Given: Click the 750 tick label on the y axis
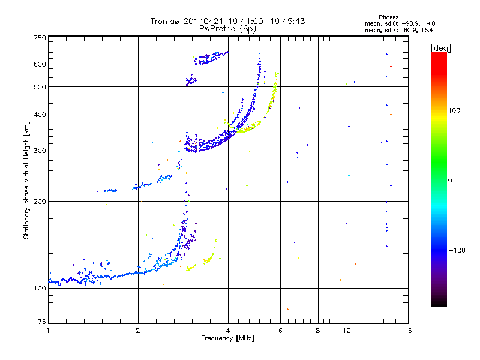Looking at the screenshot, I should pos(40,38).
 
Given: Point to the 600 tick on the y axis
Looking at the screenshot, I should pos(40,64).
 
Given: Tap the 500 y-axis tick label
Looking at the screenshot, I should pos(40,87).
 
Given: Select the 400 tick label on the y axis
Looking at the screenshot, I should pos(40,115).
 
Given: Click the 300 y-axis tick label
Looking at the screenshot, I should pos(40,151).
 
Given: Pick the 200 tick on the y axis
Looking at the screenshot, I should pos(40,201).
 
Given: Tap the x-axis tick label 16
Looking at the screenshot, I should pos(407,331).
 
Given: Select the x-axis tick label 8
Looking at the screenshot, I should pos(318,331).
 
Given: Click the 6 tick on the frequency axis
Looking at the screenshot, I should pos(281,331).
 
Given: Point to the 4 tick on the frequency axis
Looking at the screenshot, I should pos(228,331).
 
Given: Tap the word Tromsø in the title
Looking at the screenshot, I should pos(165,21).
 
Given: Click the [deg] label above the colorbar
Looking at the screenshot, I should pos(440,47).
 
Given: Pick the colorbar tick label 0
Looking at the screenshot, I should pos(450,180).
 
